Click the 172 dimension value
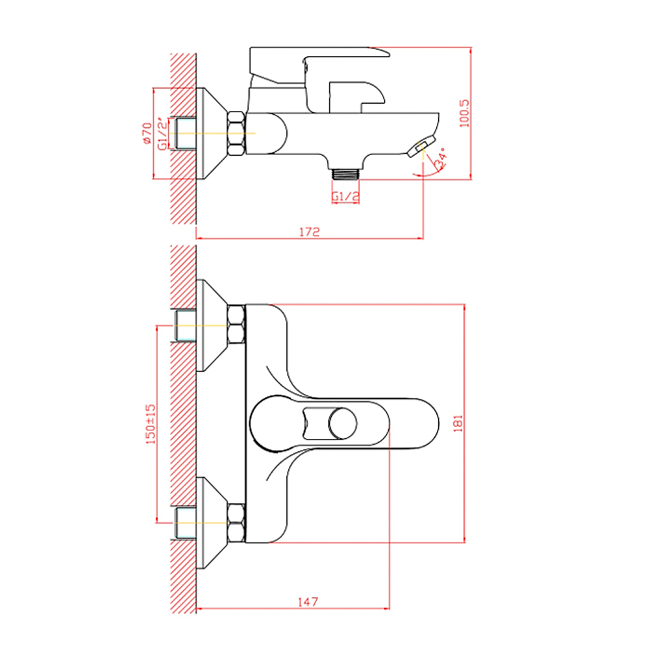tap(310, 231)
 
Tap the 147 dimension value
tap(308, 602)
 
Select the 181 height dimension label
tap(458, 423)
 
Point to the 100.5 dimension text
tap(464, 113)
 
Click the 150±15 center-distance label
tap(151, 424)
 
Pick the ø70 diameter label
tap(147, 133)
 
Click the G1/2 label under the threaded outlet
tap(346, 196)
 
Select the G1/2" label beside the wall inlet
tap(163, 133)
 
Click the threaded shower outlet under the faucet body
tap(346, 173)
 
